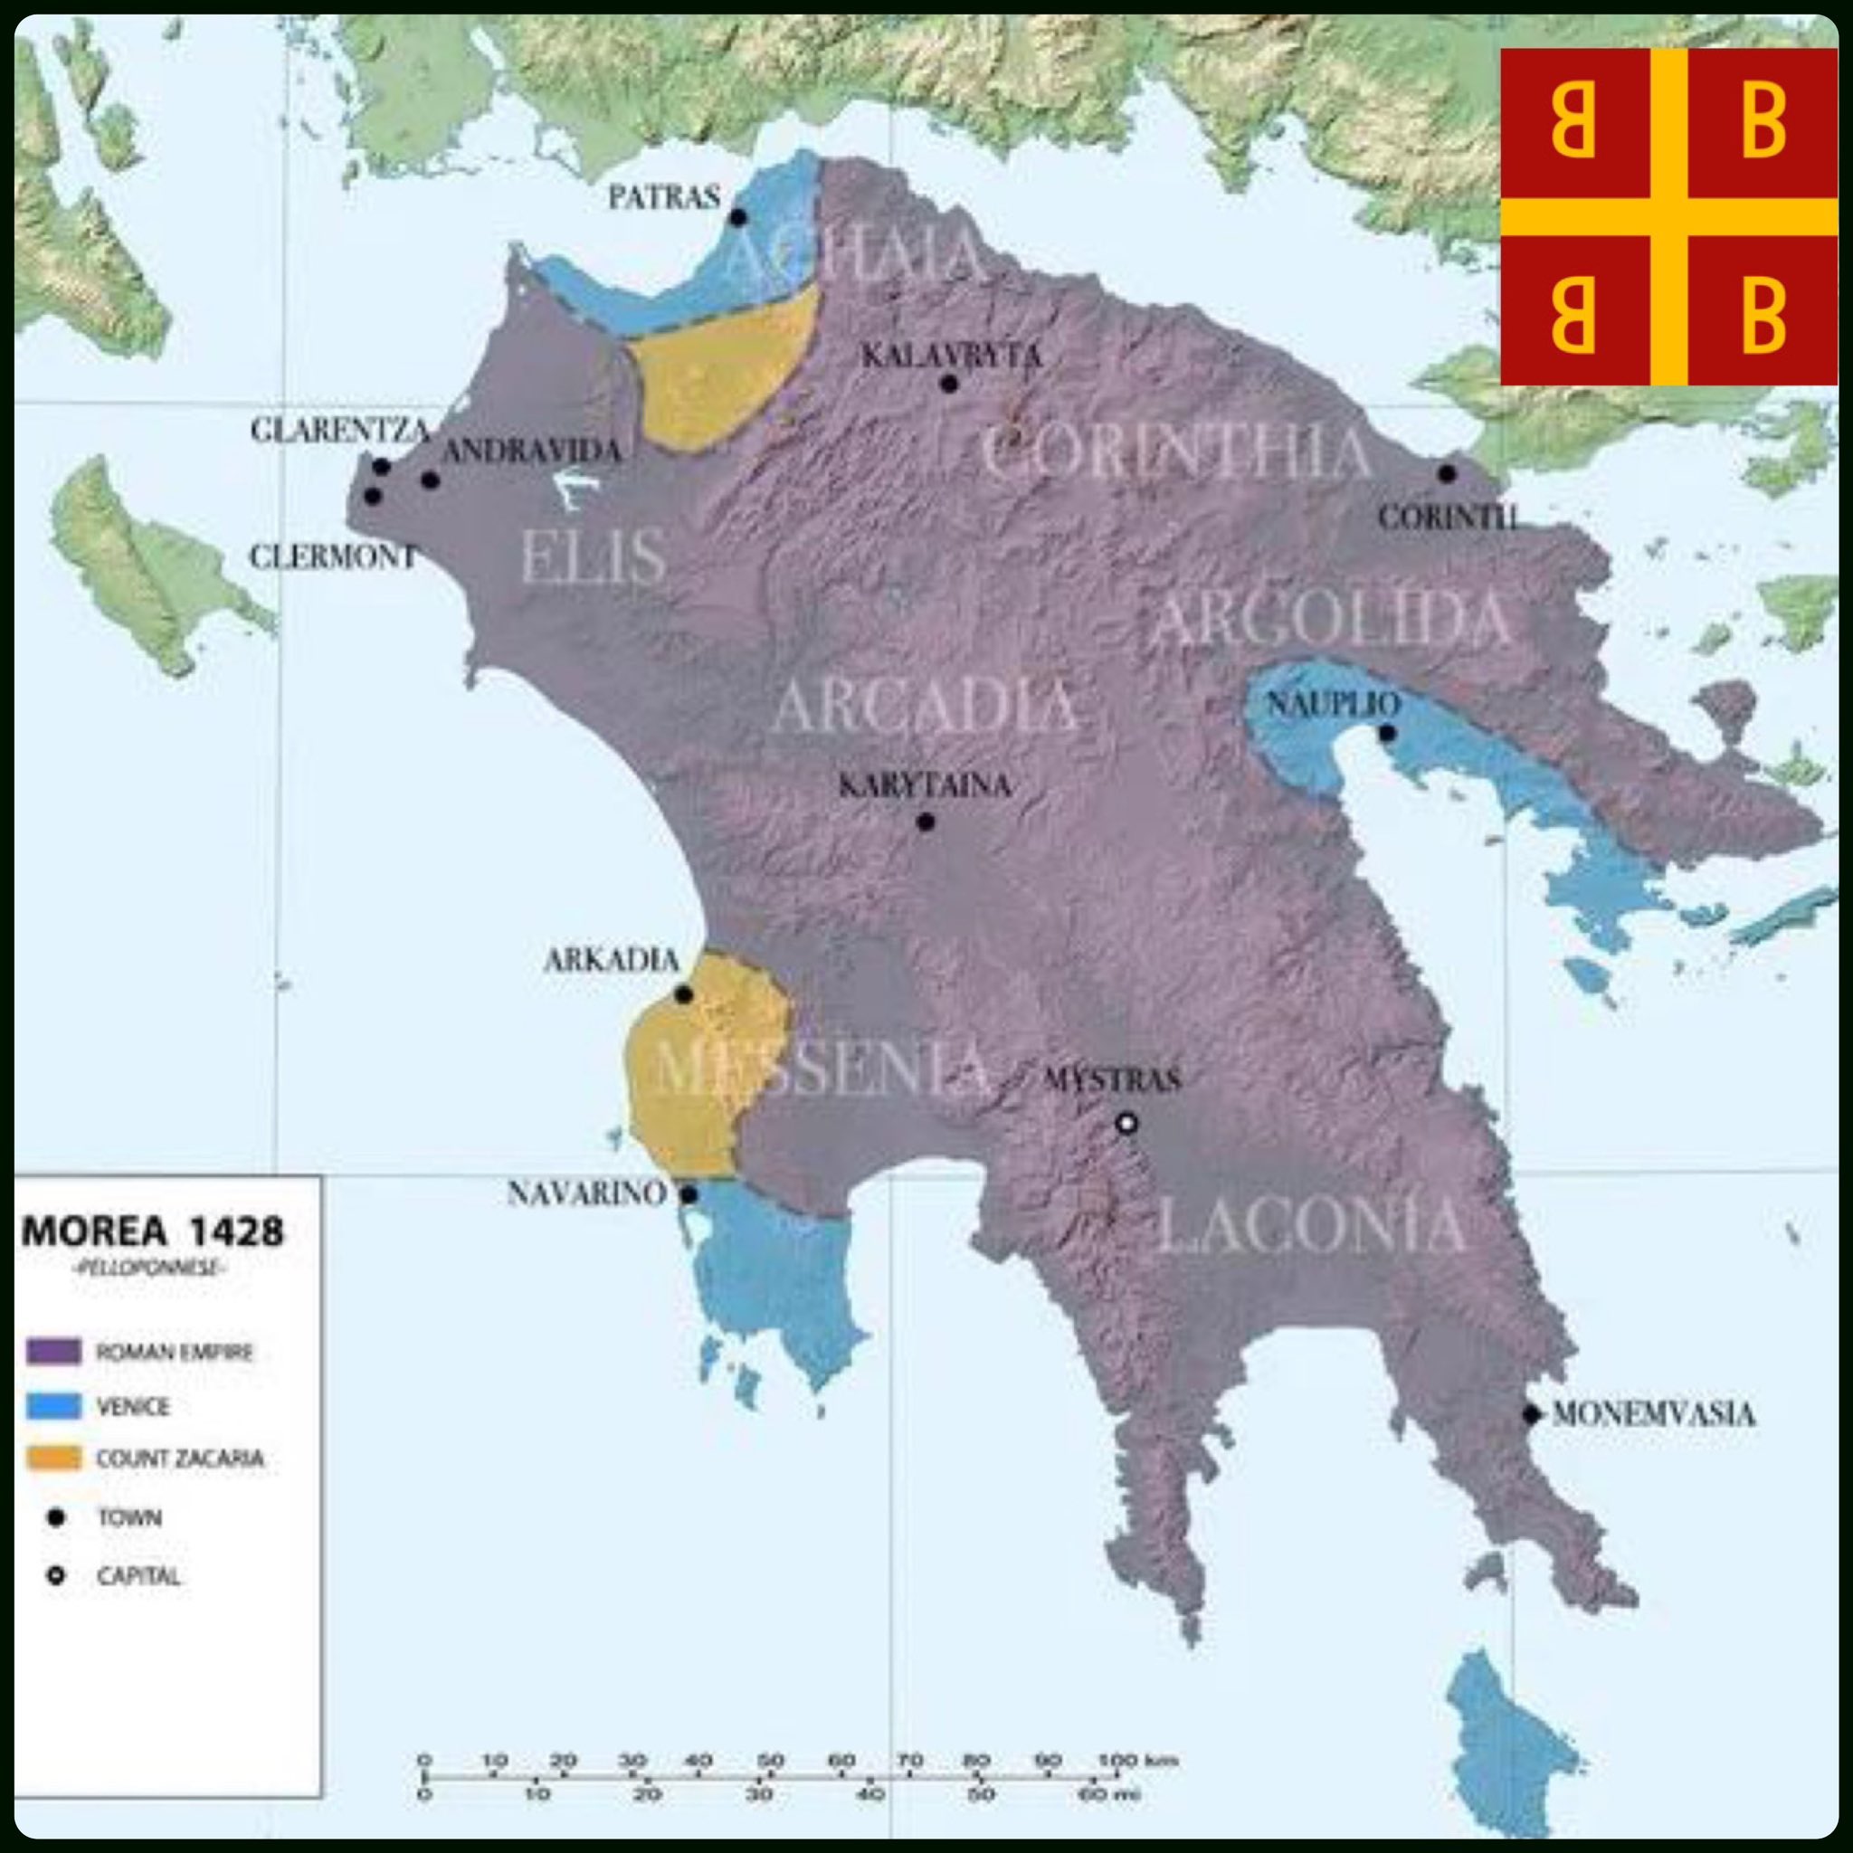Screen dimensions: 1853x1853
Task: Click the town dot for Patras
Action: pos(737,218)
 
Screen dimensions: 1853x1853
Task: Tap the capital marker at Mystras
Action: pos(1128,1123)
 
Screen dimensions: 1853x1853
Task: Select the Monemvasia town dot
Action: pos(1532,1415)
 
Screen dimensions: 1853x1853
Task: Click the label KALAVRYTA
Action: pos(951,356)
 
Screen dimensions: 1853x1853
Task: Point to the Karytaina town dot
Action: pos(926,822)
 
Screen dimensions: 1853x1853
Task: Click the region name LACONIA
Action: pos(1311,1226)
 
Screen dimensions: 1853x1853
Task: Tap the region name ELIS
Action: pos(594,557)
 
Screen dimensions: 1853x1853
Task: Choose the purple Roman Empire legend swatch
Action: pos(53,1353)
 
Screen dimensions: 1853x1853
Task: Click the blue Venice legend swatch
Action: pos(53,1406)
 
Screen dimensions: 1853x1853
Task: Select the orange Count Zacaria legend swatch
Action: pos(53,1459)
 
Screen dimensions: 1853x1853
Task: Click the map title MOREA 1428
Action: pos(154,1231)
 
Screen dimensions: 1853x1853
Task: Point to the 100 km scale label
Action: pos(1137,1761)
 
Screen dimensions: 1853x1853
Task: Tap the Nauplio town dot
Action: pos(1387,734)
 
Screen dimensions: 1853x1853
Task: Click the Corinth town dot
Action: pos(1448,474)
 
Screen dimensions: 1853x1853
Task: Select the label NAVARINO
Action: pos(586,1194)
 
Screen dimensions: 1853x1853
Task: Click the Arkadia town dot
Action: pos(684,994)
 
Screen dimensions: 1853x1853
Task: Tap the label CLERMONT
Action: pos(333,556)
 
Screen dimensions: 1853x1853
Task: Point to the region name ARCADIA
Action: pos(926,706)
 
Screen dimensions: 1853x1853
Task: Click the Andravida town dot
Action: pos(431,480)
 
